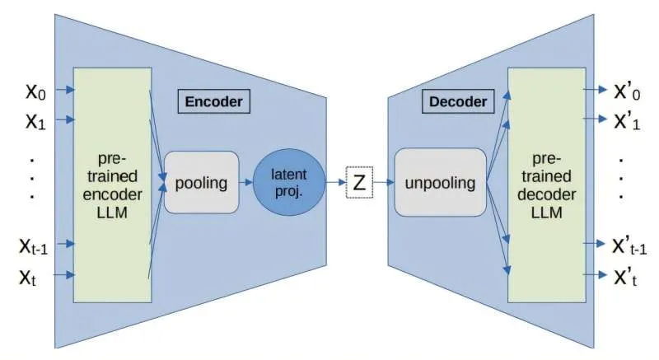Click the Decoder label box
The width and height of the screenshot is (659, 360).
[x=458, y=102]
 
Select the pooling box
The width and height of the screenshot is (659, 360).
[x=202, y=182]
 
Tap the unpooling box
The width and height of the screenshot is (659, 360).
[x=439, y=182]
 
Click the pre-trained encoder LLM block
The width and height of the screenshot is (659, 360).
[x=113, y=184]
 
